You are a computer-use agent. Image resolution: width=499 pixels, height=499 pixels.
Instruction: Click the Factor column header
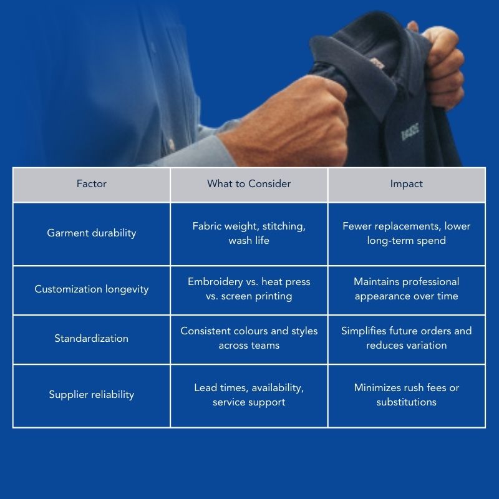tap(92, 184)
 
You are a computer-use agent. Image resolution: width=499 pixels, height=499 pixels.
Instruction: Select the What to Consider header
tap(249, 184)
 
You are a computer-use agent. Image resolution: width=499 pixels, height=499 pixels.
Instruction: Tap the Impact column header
tap(406, 184)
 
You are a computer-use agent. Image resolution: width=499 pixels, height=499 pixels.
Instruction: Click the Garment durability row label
tap(92, 233)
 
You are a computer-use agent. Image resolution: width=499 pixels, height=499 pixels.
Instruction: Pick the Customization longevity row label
tap(92, 289)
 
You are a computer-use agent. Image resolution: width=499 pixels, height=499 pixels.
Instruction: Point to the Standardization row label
tap(92, 339)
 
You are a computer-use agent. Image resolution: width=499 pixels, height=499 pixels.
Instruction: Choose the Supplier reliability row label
tap(92, 395)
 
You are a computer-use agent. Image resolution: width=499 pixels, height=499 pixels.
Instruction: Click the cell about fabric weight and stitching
tap(249, 233)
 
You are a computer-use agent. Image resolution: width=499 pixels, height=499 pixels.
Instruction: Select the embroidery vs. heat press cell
tap(249, 289)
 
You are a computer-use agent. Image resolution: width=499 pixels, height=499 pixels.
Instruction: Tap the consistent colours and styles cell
tap(249, 339)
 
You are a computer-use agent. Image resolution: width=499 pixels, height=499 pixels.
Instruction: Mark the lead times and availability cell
tap(249, 395)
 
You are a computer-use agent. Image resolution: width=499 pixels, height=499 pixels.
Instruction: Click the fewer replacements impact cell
tap(406, 233)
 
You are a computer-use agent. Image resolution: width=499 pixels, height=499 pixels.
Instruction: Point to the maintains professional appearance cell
tap(406, 289)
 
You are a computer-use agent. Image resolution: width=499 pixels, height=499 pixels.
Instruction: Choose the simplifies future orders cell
tap(406, 339)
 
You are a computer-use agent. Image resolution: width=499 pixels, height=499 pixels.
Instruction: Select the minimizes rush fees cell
tap(406, 395)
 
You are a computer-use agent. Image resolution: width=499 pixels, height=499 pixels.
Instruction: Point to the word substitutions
tap(406, 402)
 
